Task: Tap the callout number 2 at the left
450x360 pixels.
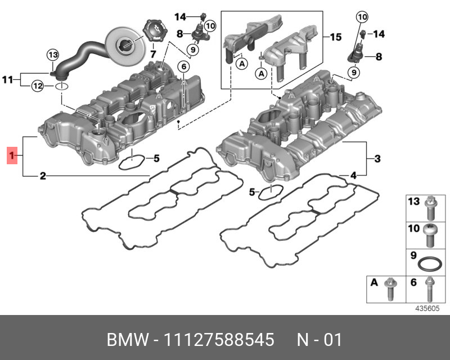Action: pos(42,177)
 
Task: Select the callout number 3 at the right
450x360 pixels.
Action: pos(378,158)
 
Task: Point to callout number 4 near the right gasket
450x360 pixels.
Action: pos(353,176)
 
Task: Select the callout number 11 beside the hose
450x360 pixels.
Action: pos(7,80)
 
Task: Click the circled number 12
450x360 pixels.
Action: pos(37,86)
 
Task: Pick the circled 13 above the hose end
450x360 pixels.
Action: pos(52,55)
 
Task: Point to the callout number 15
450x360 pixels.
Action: pos(335,37)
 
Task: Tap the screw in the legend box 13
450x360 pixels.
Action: pos(431,209)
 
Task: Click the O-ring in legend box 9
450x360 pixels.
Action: pos(431,263)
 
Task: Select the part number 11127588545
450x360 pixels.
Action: pos(219,341)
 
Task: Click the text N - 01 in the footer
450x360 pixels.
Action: pos(319,341)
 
